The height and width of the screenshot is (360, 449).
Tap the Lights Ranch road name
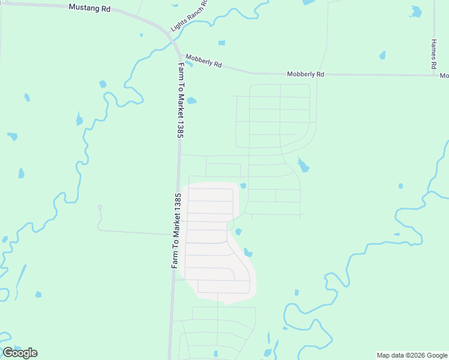[x=188, y=16]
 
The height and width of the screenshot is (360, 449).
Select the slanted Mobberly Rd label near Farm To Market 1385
[x=203, y=61]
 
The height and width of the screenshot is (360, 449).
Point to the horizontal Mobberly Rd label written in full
[x=305, y=74]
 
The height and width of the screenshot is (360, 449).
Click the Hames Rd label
[x=433, y=55]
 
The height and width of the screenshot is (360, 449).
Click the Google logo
[x=20, y=353]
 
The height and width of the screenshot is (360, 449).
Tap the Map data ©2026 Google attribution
[x=412, y=355]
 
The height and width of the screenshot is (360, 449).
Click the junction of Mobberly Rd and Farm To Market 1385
[x=178, y=55]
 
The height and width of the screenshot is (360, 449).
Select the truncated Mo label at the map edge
[x=444, y=76]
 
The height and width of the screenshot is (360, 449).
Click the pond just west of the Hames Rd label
[x=382, y=55]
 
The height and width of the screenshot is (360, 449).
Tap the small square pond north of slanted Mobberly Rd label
[x=221, y=43]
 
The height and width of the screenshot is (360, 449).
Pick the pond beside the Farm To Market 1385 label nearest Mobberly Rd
[x=191, y=101]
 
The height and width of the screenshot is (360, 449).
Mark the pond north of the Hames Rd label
[x=415, y=11]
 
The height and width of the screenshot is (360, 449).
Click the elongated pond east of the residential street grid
[x=303, y=164]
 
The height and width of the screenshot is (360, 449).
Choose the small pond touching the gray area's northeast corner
[x=243, y=185]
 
